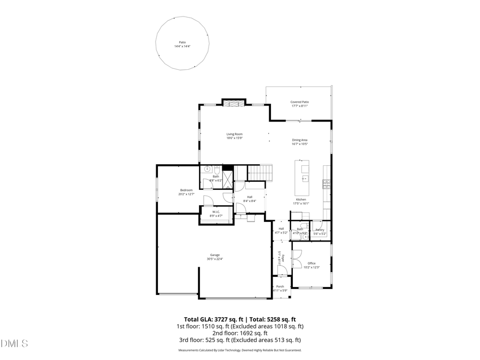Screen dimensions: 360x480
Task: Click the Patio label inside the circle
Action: point(182,42)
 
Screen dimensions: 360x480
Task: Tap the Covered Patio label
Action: point(300,102)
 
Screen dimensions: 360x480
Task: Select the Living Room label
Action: point(235,134)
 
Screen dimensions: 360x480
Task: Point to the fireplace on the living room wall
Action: point(233,103)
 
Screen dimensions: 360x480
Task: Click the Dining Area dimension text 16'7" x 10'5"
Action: point(300,144)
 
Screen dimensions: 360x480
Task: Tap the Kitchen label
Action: point(301,199)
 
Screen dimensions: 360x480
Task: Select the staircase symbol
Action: point(261,173)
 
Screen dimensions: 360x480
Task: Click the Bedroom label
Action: point(186,190)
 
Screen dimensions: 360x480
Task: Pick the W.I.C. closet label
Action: point(216,212)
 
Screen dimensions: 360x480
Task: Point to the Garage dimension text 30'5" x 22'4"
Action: point(215,259)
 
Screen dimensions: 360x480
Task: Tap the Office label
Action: point(311,263)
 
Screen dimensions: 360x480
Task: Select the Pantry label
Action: point(319,229)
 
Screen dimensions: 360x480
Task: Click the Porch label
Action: point(281,286)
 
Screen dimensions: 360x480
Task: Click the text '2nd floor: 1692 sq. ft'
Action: point(239,333)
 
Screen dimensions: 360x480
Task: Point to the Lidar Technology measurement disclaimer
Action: point(239,350)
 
